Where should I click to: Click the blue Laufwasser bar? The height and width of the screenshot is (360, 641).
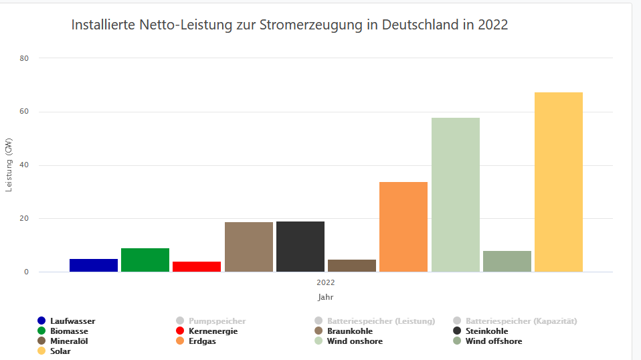pos(94,265)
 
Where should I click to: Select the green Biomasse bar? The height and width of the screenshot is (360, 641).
pos(145,260)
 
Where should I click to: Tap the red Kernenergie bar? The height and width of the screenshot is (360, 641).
pos(197,266)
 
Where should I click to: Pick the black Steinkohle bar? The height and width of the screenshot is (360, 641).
pos(300,246)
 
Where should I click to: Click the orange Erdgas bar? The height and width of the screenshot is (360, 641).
pos(403,227)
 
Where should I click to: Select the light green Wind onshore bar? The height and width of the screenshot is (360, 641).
pos(456,195)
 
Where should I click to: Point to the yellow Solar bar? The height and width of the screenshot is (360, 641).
pos(559,182)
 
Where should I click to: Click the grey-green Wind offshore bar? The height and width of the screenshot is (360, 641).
pos(507,261)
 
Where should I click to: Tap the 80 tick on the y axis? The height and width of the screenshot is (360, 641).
pos(25,58)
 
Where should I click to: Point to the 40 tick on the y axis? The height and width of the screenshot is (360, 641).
pos(25,165)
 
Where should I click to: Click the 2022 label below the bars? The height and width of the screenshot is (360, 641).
pos(326,282)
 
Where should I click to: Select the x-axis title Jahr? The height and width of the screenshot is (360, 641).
pos(326,296)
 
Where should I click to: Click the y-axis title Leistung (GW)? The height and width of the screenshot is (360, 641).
pos(9,165)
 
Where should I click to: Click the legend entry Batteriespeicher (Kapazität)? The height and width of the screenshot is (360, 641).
pos(521,321)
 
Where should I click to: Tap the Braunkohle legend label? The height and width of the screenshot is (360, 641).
pos(350,331)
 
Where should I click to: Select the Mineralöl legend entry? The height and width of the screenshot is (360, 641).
pos(69,341)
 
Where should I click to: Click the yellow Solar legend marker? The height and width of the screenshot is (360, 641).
pos(41,351)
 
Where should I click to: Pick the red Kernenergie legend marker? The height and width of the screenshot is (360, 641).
pos(179,331)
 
